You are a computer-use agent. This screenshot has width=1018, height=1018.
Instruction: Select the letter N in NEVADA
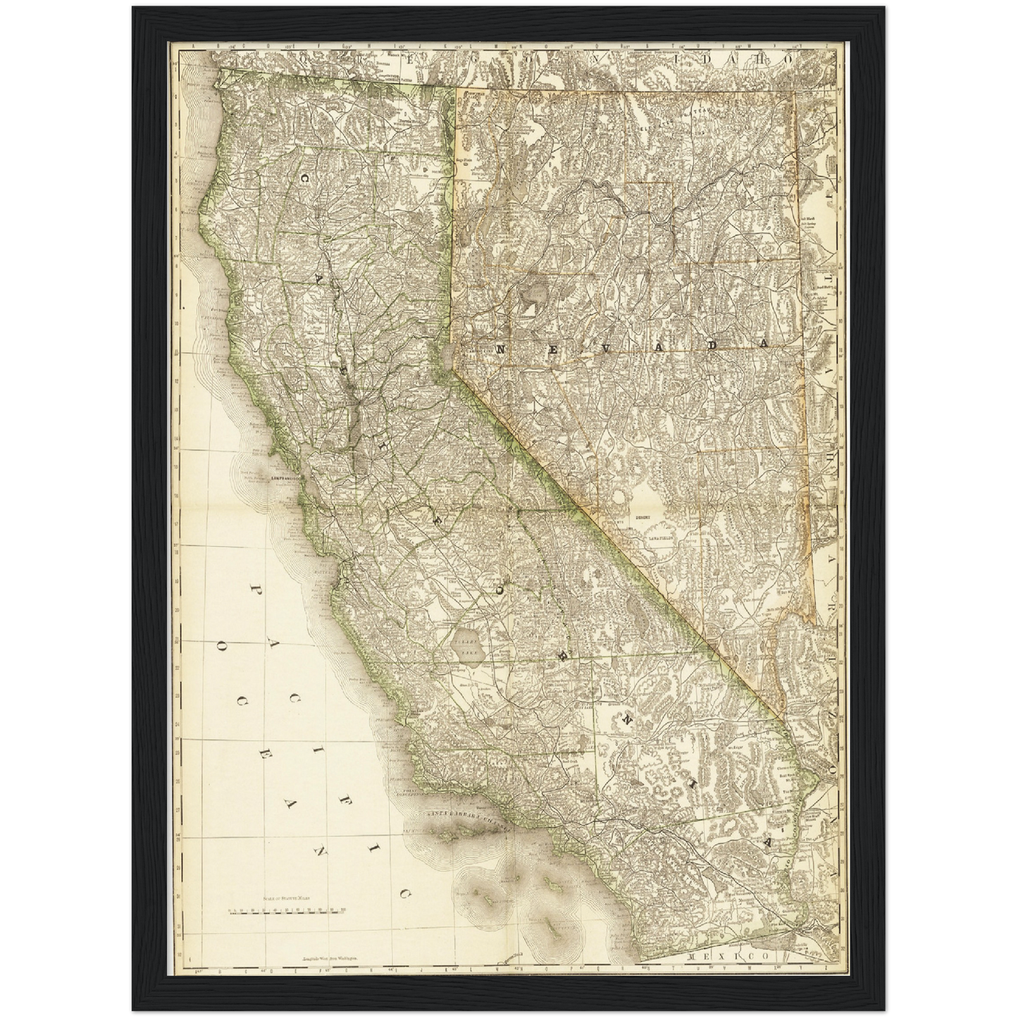click(502, 349)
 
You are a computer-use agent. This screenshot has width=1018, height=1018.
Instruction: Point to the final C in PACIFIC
click(404, 894)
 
